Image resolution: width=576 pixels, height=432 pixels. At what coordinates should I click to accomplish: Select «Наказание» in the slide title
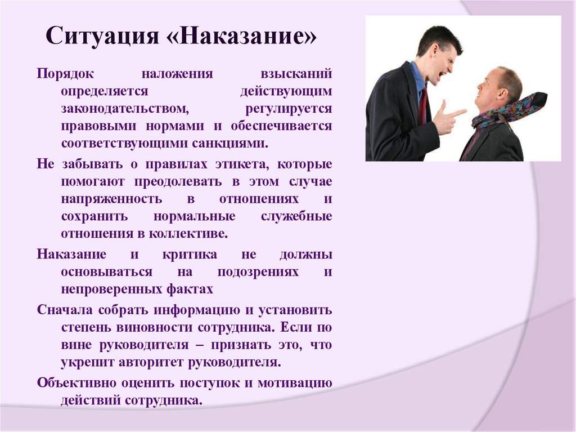click(244, 39)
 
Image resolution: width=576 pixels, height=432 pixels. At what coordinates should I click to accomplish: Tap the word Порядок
click(65, 74)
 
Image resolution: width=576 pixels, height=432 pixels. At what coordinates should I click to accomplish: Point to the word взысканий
click(296, 74)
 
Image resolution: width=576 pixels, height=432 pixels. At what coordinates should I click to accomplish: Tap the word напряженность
click(112, 199)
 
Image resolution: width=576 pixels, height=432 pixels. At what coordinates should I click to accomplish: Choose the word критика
click(190, 255)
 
